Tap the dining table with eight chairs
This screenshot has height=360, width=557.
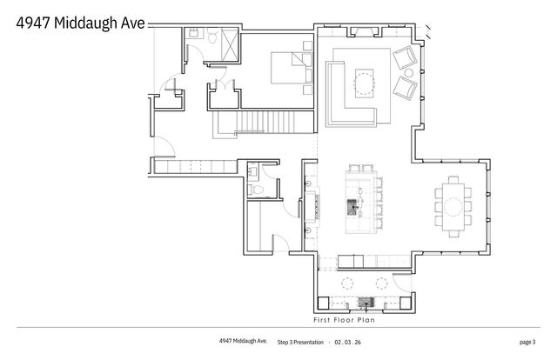coord(455,206)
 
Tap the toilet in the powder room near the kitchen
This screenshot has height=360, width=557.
coord(255,190)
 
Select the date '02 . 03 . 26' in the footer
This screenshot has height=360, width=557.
coord(346,342)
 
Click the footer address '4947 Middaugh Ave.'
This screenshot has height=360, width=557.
coord(242,341)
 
